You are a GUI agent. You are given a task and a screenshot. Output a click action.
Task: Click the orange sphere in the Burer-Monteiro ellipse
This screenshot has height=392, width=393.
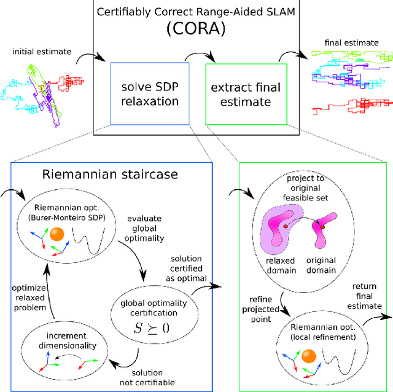pos(57,234)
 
